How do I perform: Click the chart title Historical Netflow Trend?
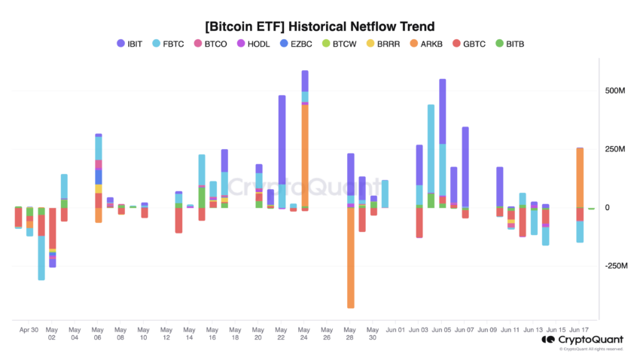(x=320, y=26)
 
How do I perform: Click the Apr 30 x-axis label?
(x=29, y=330)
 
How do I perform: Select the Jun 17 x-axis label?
(x=579, y=330)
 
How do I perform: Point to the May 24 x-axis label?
(x=304, y=334)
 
